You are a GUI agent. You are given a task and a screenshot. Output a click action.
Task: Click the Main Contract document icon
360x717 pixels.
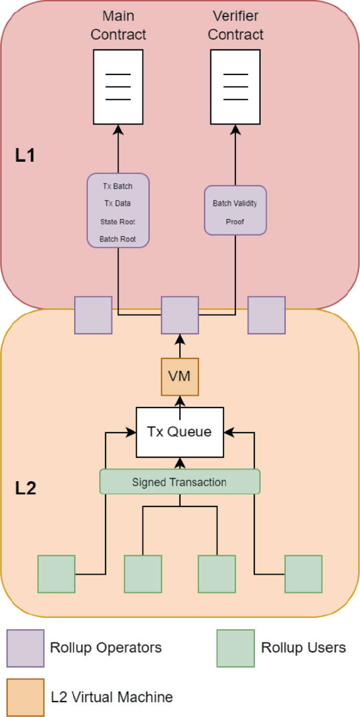point(118,87)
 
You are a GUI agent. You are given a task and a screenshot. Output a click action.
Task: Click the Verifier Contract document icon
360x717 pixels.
point(235,87)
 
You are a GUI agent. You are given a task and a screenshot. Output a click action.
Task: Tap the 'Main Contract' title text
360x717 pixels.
point(118,25)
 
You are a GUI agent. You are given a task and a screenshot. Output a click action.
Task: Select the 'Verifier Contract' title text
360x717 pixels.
point(235,25)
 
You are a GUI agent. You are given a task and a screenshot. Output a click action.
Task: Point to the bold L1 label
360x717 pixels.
point(25,155)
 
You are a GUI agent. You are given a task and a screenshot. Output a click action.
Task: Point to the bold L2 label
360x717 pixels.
point(25,488)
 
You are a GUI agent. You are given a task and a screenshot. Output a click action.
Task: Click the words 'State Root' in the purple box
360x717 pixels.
point(118,222)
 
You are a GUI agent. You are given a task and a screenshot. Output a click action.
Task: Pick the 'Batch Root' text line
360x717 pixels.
point(118,239)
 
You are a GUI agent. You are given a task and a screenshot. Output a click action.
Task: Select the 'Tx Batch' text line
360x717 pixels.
point(118,186)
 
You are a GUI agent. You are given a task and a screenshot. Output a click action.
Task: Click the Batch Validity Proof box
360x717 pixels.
point(235,209)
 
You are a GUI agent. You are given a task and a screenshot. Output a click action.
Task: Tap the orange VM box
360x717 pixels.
point(180,377)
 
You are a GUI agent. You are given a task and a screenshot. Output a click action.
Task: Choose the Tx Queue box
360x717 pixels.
point(180,432)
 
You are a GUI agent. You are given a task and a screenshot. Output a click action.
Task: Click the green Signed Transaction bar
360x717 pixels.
point(180,482)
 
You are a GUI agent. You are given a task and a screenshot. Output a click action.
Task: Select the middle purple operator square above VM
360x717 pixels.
point(180,315)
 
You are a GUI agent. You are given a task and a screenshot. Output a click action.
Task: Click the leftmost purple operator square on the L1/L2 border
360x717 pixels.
point(93,315)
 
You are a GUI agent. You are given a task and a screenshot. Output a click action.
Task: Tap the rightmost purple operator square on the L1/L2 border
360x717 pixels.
point(266,315)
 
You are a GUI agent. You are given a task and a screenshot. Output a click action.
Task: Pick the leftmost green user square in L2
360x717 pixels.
point(56,574)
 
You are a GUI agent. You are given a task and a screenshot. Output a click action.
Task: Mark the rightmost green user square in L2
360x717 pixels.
point(303,574)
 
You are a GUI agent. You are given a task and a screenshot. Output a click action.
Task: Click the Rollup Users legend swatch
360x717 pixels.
point(235,648)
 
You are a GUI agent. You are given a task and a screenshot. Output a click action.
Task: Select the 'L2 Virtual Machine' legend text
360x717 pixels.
point(112,697)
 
